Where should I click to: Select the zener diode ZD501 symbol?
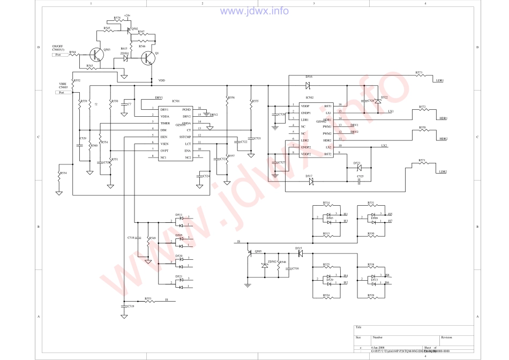(x=125, y=58)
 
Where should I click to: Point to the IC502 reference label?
(x=309, y=97)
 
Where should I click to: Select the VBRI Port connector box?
(x=64, y=92)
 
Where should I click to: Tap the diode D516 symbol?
(x=308, y=85)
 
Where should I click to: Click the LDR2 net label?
(x=443, y=171)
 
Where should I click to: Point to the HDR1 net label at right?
(x=443, y=118)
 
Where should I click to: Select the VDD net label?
(x=161, y=80)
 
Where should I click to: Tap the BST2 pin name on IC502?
(x=327, y=154)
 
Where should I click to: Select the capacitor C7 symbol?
(x=124, y=104)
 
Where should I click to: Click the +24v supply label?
(x=127, y=16)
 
